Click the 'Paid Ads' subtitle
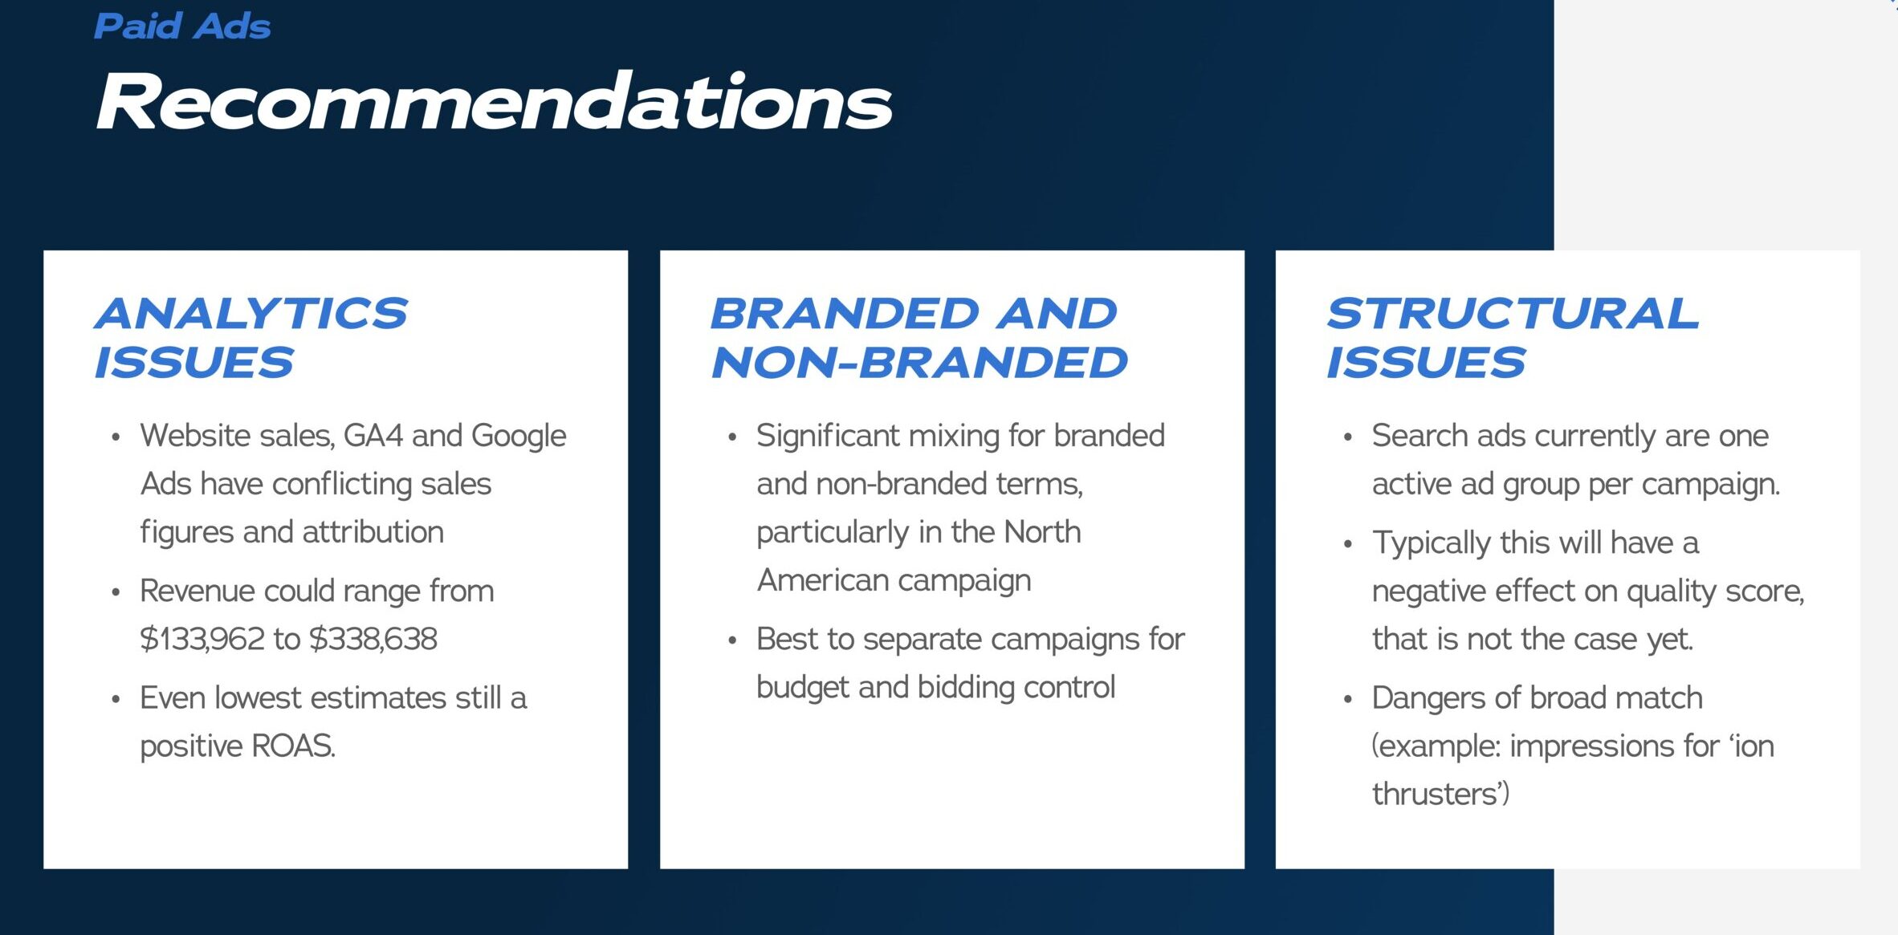coord(182,26)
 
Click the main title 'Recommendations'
coord(494,101)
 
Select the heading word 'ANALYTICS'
coord(251,313)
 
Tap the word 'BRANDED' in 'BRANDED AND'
coord(845,313)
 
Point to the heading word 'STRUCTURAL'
coord(1513,313)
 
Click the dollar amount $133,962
coord(202,639)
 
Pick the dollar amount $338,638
coord(373,639)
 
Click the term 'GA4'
coord(373,436)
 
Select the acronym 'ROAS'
coord(293,746)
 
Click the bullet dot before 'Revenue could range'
coord(116,592)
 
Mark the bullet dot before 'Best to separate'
coord(732,640)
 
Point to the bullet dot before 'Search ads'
coord(1348,437)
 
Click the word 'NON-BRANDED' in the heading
coord(920,363)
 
